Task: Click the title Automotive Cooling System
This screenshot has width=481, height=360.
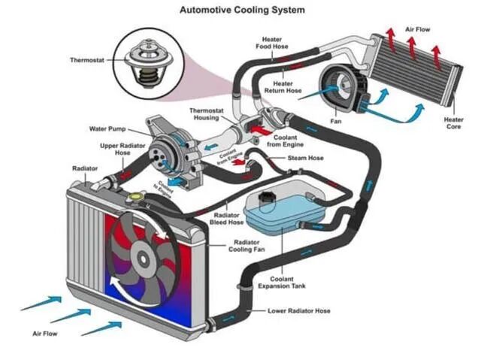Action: pos(241,11)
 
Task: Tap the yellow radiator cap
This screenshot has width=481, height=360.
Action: pos(135,196)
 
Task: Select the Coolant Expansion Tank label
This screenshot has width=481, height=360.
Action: pos(279,282)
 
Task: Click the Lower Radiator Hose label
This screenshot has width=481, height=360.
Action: pos(299,310)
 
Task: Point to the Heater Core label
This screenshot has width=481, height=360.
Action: pos(453,123)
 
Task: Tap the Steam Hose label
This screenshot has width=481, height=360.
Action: pos(305,158)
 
